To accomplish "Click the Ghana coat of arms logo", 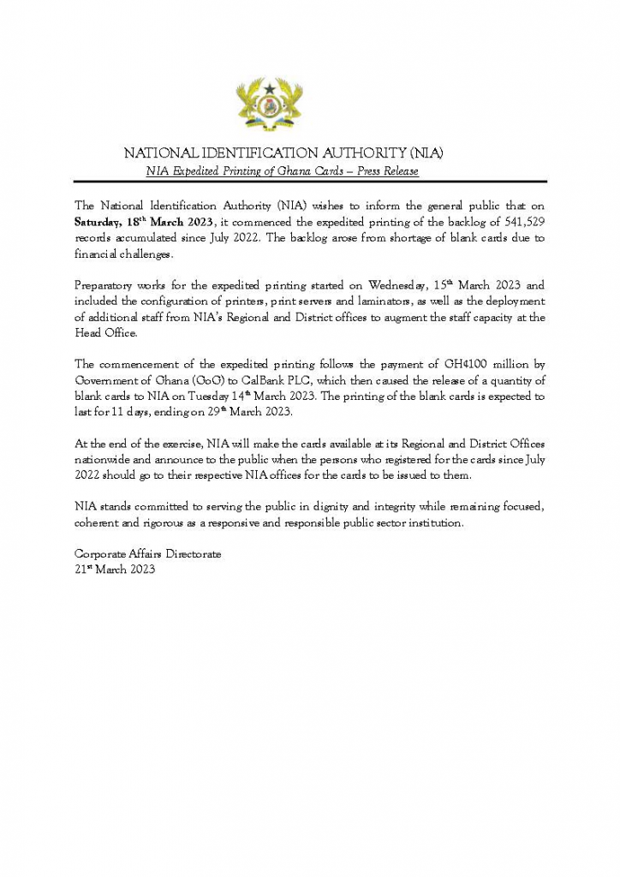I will [x=269, y=104].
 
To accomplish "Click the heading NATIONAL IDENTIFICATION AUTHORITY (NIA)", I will [x=284, y=153].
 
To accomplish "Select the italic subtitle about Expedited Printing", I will [x=283, y=171].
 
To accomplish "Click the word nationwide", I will [x=103, y=460].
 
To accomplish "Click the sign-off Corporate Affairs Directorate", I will [x=147, y=554].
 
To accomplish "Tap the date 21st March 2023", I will [x=115, y=570].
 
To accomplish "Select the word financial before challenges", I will [x=97, y=254].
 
